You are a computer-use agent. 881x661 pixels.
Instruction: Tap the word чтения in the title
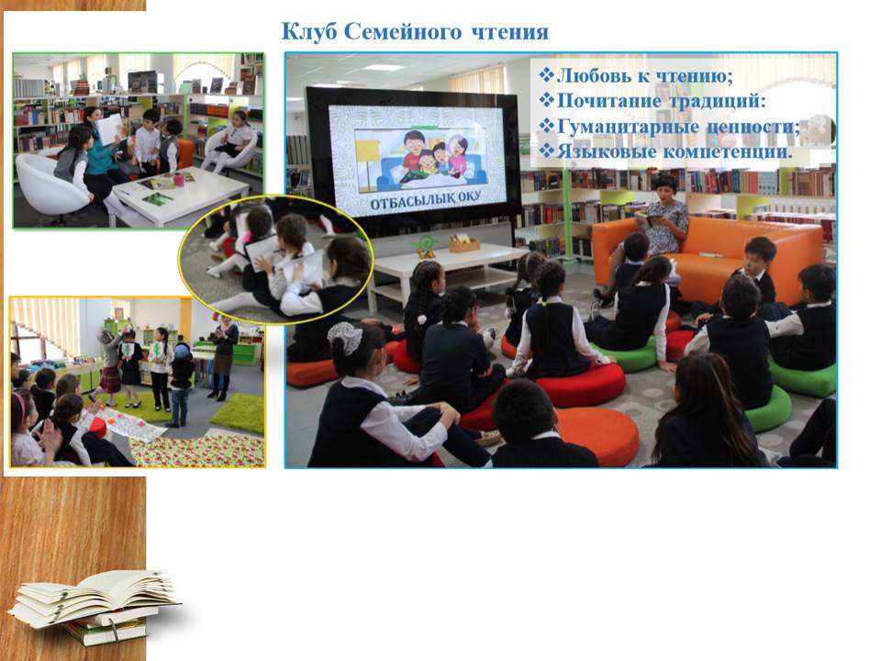[509, 33]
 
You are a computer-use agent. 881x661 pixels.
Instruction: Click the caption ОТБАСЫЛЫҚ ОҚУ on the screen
[425, 203]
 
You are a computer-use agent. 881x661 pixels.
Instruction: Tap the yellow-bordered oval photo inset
[275, 260]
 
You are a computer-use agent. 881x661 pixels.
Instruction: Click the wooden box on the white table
[464, 243]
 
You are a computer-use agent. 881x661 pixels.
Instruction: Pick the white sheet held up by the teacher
[109, 129]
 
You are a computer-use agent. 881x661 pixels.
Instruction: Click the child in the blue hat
[181, 382]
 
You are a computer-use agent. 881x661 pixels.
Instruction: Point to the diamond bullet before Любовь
[546, 74]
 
